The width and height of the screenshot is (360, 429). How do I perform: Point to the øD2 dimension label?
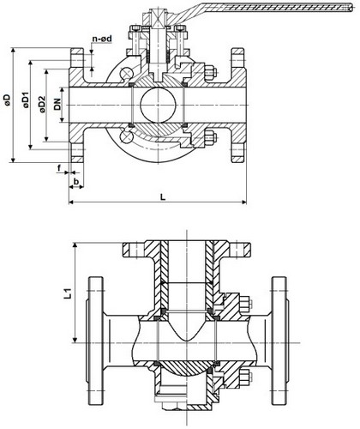(40, 104)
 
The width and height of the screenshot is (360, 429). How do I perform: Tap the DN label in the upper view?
(56, 104)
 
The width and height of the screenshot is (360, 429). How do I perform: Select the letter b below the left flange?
(77, 182)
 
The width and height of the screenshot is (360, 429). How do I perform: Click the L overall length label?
(162, 196)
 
